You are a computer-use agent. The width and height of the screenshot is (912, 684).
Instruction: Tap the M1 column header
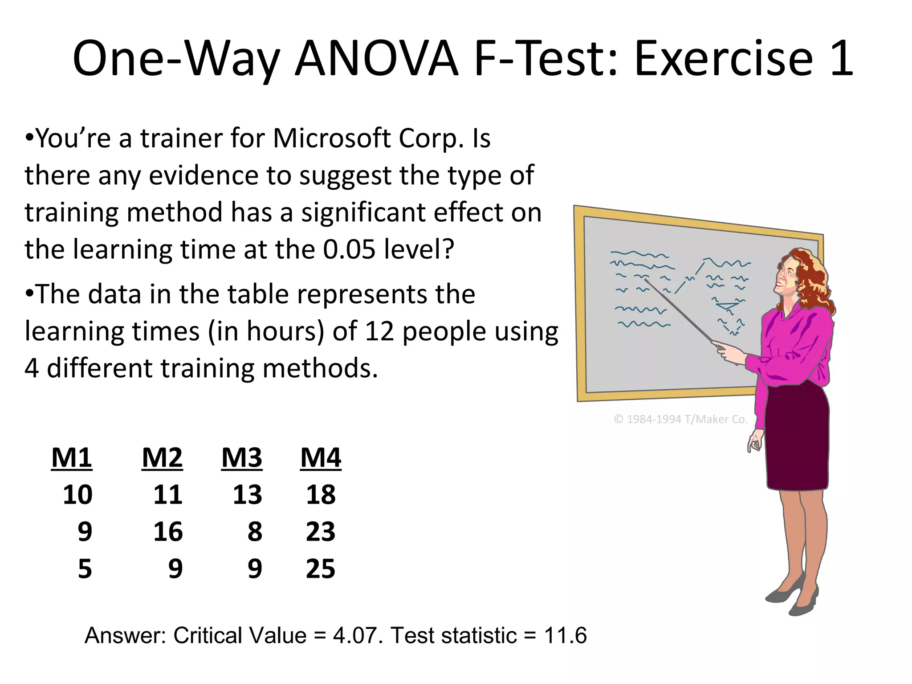pos(72,457)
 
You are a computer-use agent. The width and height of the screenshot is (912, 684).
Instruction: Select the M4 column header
pos(321,457)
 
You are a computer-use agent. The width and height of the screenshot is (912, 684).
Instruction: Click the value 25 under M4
pos(320,569)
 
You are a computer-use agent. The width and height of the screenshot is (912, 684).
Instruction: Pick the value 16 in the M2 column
pos(168,532)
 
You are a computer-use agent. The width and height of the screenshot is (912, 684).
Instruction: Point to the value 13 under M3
pos(247,495)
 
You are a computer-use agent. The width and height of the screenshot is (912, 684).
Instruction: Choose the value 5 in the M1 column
pos(85,569)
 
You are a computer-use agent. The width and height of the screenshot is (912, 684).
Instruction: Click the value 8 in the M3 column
pos(255,532)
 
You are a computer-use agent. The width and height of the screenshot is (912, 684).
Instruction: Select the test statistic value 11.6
pos(565,635)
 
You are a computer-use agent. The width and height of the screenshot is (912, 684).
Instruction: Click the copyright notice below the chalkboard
pos(680,419)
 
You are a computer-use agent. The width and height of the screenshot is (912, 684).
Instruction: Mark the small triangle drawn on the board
pos(727,306)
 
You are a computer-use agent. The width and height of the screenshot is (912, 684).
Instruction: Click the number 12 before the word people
pos(379,331)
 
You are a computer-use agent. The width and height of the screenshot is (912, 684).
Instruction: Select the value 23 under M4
pos(320,532)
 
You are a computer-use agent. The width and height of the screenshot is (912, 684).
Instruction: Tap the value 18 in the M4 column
pos(321,495)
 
